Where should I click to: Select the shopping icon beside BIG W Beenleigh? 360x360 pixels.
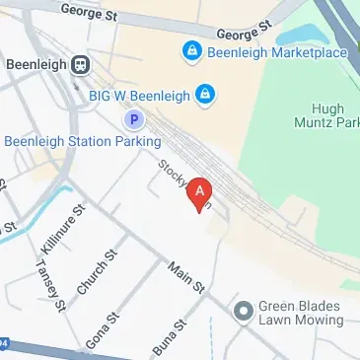coord(205,95)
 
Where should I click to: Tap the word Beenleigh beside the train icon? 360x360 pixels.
coord(35,65)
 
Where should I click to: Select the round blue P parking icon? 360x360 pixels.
coord(134,119)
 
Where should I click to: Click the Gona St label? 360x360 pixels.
coord(102,328)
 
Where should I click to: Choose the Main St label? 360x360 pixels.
coord(185,276)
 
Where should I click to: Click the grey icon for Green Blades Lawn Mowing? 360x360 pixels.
coord(242,313)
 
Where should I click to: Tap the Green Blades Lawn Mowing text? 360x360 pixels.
coord(300,313)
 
